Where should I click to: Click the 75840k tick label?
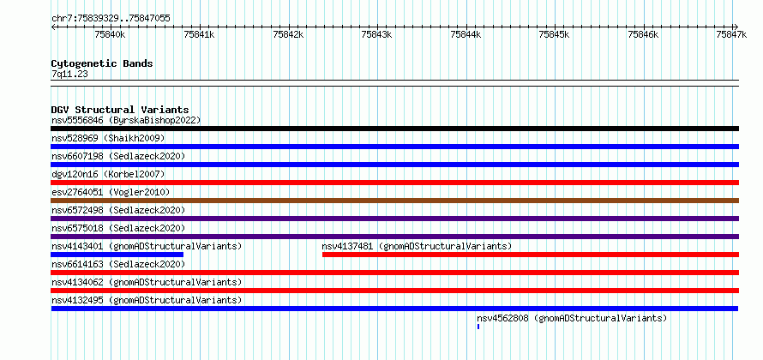click(x=110, y=34)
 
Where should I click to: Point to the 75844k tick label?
click(x=466, y=34)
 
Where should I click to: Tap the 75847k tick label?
click(x=732, y=34)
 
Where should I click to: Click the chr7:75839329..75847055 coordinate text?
click(x=111, y=19)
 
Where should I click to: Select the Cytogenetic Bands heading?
click(x=102, y=63)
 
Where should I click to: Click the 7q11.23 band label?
click(x=69, y=75)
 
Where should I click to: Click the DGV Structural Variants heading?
click(x=120, y=110)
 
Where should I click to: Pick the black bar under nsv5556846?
click(x=394, y=129)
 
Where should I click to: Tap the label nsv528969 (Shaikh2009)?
click(x=108, y=138)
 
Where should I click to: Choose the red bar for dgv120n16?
click(x=394, y=183)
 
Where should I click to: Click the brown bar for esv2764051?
click(x=394, y=201)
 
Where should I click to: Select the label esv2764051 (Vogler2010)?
click(x=111, y=192)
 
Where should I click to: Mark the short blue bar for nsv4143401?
click(x=117, y=255)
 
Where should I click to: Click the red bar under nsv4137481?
click(x=531, y=255)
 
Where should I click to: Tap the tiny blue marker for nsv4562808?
click(x=478, y=327)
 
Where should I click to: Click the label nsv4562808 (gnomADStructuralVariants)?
click(x=572, y=318)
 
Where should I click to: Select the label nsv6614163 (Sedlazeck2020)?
click(x=118, y=264)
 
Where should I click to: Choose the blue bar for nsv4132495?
click(x=394, y=309)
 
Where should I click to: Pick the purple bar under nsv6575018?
click(x=394, y=237)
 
